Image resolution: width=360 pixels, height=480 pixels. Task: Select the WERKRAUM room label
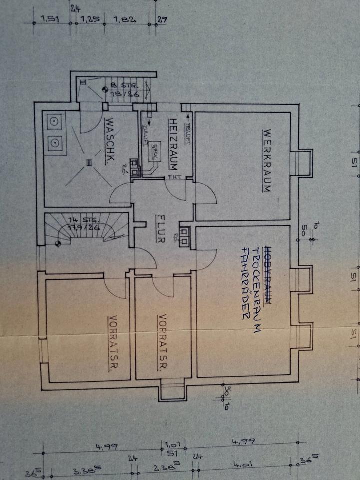coord(266,161)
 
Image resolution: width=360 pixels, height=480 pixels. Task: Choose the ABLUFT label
coord(188,132)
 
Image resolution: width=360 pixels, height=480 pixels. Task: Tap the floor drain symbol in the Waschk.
coord(89,161)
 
